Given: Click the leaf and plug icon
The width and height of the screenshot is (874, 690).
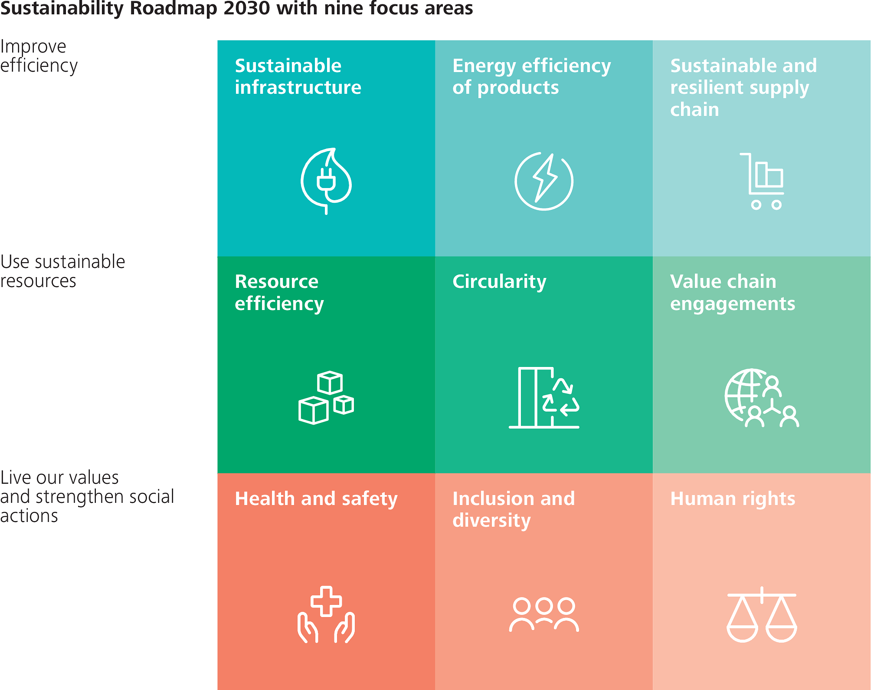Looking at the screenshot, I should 326,181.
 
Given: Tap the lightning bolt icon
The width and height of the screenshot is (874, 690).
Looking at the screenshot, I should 544,181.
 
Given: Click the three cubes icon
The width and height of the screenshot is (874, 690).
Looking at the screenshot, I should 326,397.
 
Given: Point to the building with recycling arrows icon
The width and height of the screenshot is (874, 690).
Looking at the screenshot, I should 544,398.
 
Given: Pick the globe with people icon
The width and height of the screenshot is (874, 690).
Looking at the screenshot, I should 762,398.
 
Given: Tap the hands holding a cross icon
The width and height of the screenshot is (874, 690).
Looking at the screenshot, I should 326,614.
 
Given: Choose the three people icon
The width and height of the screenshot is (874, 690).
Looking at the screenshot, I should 544,614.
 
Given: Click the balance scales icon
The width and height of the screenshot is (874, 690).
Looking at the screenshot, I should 762,614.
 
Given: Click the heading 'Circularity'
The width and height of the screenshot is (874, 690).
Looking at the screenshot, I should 499,281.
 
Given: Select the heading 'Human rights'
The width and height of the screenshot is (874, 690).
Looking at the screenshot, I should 733,499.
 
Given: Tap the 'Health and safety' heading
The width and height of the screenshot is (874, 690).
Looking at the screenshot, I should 316,499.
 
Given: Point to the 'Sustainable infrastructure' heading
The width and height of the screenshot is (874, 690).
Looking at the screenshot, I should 298,76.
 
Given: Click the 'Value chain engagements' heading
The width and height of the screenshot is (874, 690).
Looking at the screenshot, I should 733,292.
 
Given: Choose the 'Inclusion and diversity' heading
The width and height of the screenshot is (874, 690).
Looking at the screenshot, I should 514,509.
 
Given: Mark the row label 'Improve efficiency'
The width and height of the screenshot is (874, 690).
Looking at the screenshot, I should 39,56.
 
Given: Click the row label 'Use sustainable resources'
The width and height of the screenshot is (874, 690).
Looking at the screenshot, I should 62,271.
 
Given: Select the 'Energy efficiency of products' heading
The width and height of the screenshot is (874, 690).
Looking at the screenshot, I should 531,76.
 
